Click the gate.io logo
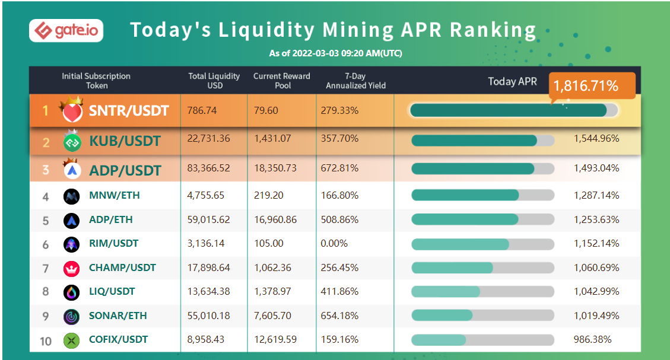point(66,30)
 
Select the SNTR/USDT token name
point(129,111)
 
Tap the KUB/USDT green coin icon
point(72,142)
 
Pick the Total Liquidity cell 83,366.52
point(209,168)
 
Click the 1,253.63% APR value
point(596,219)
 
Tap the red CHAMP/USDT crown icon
point(71,268)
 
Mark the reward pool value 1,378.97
point(272,291)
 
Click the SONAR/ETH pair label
point(118,316)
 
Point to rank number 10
point(46,340)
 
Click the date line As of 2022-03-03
point(335,53)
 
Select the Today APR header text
point(512,81)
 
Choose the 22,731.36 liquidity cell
point(209,138)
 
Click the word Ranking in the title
point(493,30)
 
